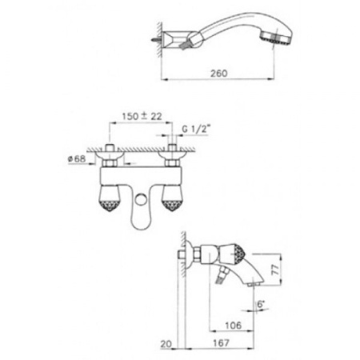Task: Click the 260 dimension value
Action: [x=218, y=74]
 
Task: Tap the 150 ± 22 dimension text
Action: [x=142, y=117]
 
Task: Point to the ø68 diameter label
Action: [x=77, y=159]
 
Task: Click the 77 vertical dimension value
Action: [x=275, y=270]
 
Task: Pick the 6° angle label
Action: [x=261, y=304]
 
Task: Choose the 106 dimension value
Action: [x=234, y=326]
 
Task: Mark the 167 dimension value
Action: [x=221, y=342]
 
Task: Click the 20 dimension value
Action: [x=166, y=344]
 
